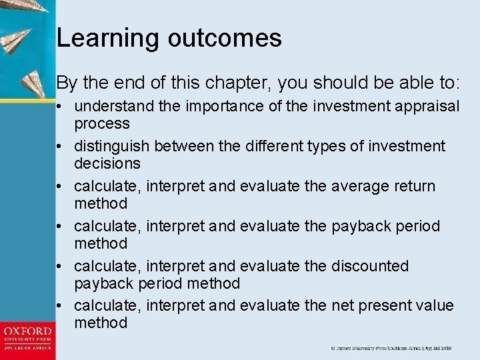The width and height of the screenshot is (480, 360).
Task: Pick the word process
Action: [101, 124]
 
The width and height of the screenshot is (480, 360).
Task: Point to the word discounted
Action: [369, 266]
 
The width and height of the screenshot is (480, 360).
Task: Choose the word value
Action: [437, 306]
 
